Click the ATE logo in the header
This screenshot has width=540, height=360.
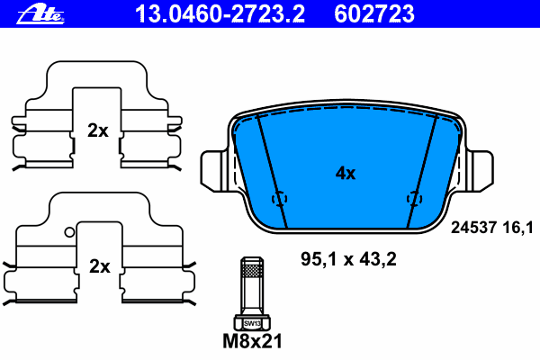(40, 14)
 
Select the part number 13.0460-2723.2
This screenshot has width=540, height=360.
(220, 13)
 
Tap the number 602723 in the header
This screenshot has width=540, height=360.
(374, 13)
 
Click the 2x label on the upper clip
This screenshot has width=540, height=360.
(98, 130)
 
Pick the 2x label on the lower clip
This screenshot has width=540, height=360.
(100, 266)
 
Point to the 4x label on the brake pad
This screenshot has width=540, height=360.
(346, 173)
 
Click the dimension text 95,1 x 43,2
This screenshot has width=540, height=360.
(348, 258)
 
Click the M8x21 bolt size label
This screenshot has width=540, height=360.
(252, 341)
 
